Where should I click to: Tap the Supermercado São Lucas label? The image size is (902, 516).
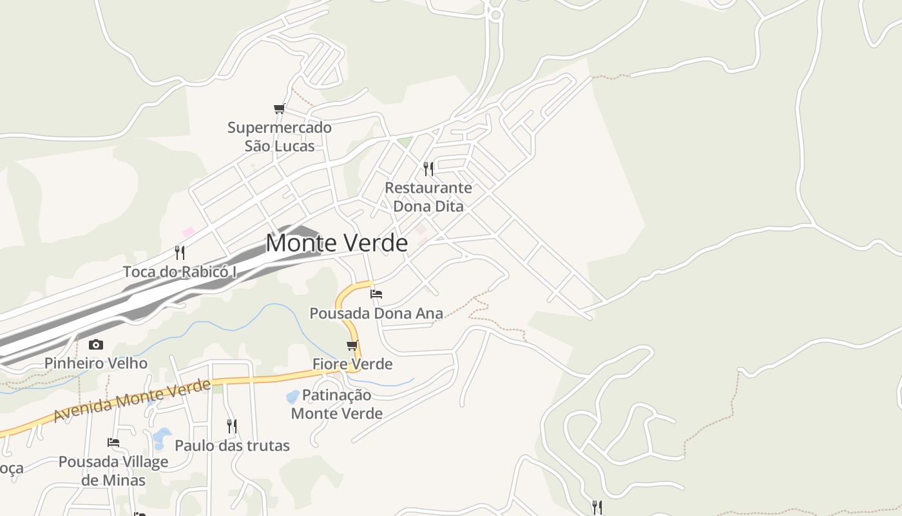point(280,137)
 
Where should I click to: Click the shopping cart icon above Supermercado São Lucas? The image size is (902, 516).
point(279,109)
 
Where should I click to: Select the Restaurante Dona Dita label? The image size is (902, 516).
point(428,197)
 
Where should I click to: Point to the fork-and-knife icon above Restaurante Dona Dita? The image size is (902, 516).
point(428,169)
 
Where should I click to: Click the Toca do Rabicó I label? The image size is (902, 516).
point(180,272)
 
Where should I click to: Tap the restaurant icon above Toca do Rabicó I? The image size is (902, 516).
point(180,252)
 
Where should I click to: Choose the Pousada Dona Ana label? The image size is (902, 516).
point(376,313)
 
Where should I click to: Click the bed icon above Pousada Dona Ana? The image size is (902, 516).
point(376,294)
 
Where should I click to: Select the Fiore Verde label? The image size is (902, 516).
point(352,364)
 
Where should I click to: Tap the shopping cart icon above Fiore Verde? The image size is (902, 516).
point(352,345)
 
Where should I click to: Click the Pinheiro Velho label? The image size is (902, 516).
point(96,363)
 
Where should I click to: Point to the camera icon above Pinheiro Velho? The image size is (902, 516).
point(96,344)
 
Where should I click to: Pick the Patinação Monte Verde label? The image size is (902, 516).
point(337,404)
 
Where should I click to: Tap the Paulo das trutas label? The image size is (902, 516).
point(232,445)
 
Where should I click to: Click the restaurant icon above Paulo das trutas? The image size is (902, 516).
point(232,426)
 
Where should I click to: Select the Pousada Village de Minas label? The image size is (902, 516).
point(113,471)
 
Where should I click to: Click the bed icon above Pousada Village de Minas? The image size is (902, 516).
point(113,442)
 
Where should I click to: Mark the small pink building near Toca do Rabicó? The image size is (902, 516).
point(188,232)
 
